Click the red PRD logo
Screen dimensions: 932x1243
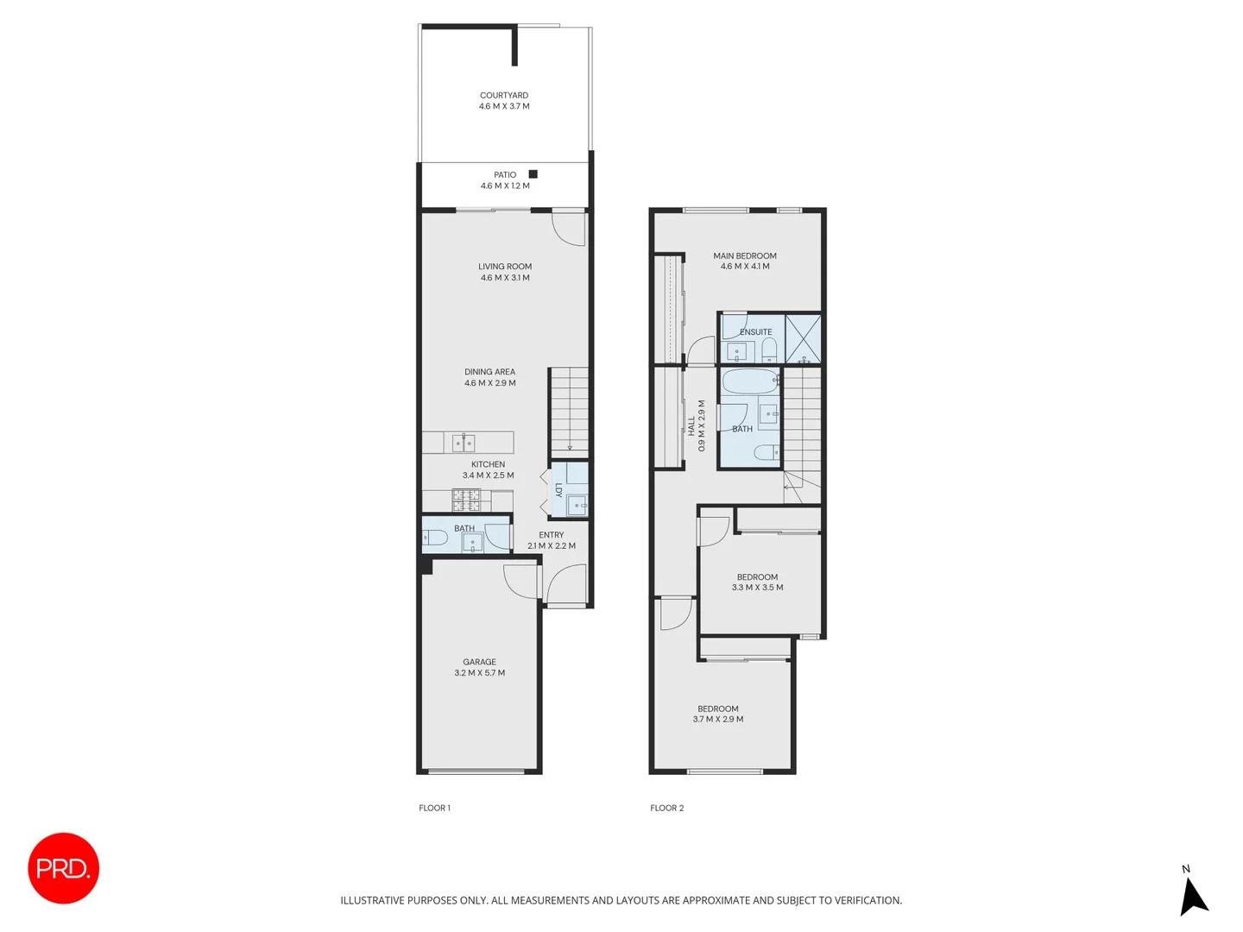63,868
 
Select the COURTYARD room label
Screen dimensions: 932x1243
504,96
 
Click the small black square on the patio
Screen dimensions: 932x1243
533,174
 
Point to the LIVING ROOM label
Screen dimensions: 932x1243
505,267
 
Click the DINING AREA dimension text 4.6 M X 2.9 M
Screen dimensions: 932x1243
489,383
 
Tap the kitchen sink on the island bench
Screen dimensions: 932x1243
464,444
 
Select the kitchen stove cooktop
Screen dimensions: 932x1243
466,500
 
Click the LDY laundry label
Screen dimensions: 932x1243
558,490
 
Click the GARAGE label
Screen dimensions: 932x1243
479,662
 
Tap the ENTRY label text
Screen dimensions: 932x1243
551,535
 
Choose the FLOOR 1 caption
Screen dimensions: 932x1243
434,809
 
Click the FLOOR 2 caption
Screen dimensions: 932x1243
666,809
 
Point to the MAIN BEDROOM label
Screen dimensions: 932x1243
744,256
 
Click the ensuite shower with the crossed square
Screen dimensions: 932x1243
803,337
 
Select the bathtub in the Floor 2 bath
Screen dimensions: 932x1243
749,381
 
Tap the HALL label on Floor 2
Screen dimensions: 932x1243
691,425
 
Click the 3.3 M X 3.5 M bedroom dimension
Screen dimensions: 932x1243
757,588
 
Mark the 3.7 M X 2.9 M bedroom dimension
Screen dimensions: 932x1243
717,720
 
